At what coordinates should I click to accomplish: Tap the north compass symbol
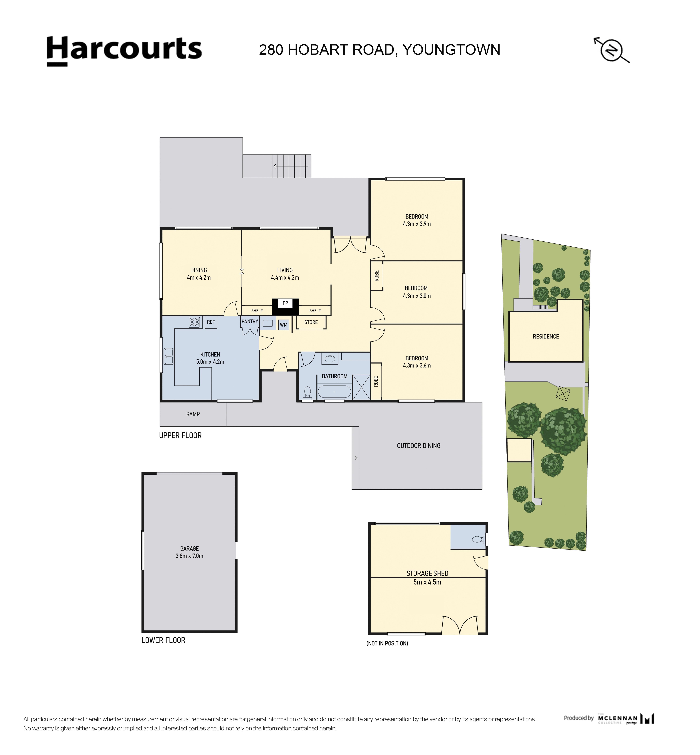tap(611, 50)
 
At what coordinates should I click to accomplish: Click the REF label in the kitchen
tap(211, 322)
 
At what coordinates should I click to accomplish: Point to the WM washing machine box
tap(284, 325)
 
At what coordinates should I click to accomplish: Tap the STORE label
tap(311, 322)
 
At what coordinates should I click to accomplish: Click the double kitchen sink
tap(169, 356)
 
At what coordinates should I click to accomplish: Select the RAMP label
tap(193, 414)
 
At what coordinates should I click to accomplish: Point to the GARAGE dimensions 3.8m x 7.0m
tap(189, 556)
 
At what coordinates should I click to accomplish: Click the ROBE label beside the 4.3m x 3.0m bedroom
tap(376, 276)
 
